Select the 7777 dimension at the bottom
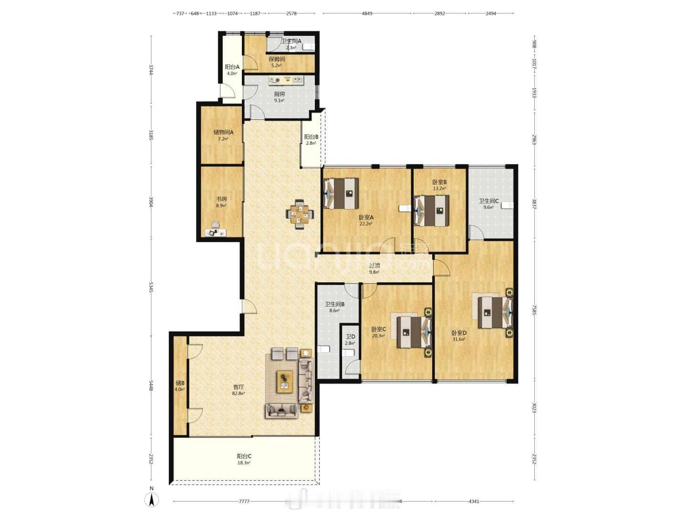pos(244,501)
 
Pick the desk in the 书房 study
pos(215,232)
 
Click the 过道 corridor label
pos(375,268)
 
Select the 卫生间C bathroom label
pos(489,204)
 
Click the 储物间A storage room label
pos(223,135)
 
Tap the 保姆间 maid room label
pos(276,62)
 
